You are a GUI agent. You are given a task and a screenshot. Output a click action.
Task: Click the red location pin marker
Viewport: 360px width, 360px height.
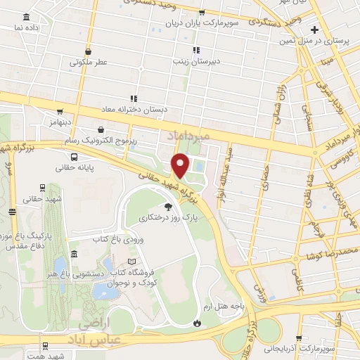[x=181, y=165]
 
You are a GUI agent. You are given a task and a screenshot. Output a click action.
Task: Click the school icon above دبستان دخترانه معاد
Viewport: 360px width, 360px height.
[x=134, y=98]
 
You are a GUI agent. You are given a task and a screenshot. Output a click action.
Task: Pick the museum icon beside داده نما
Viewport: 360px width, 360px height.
[x=26, y=17]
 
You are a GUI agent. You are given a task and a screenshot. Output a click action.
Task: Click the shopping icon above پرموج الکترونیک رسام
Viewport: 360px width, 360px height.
[x=103, y=130]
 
